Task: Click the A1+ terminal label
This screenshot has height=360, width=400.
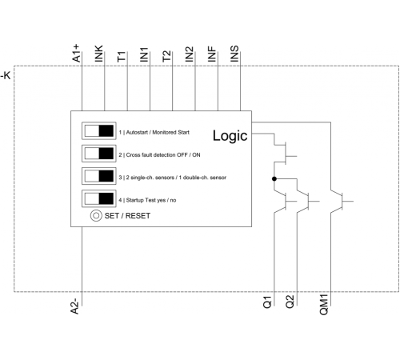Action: tap(76, 54)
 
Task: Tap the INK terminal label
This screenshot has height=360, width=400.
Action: tap(98, 54)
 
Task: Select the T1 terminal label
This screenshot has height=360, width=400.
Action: tap(122, 57)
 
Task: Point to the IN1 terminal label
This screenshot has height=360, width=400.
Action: tap(144, 54)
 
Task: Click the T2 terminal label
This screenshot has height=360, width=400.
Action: tap(166, 56)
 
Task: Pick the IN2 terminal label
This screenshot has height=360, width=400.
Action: tap(190, 54)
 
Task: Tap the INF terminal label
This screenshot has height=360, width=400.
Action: tap(212, 54)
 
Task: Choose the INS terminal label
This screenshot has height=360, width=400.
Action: tap(234, 54)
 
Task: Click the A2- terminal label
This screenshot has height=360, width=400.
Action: tap(74, 306)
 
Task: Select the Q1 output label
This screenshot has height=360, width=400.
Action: tap(267, 302)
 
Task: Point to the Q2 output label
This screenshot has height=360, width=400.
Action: tap(290, 302)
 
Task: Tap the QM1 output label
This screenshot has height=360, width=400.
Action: tap(324, 305)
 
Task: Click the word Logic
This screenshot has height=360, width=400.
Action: tap(230, 136)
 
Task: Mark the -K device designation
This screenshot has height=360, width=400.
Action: tap(6, 75)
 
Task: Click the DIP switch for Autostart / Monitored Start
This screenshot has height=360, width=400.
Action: tap(99, 131)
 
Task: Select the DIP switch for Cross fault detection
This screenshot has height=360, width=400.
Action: tap(99, 154)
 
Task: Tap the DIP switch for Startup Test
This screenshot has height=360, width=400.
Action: tap(99, 198)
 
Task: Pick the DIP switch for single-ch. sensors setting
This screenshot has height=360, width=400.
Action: tap(99, 176)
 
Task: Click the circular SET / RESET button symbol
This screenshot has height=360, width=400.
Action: tap(96, 215)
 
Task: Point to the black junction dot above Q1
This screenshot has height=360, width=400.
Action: tap(274, 179)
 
